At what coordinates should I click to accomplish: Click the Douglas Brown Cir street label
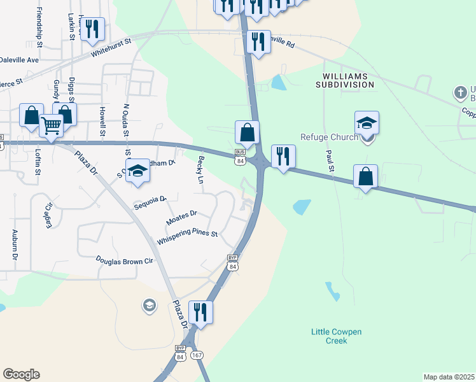tap(125, 260)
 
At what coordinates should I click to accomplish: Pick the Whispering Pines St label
tap(187, 237)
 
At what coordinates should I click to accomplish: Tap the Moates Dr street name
tap(182, 218)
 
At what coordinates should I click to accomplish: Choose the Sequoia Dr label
tap(150, 202)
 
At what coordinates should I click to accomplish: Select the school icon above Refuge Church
tap(367, 122)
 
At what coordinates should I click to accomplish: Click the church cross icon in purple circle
tap(460, 93)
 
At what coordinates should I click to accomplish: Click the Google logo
tap(21, 374)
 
